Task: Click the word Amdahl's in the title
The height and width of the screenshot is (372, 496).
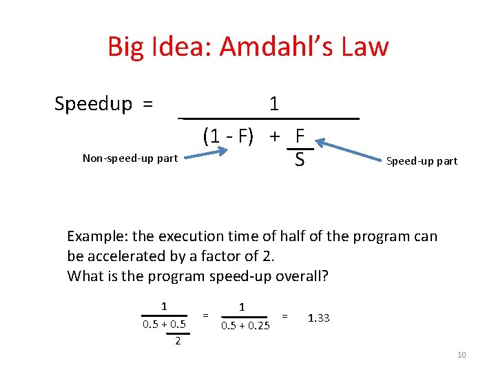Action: [285, 47]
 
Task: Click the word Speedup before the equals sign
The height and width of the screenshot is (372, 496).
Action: [93, 104]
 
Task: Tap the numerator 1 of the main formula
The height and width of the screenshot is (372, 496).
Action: [274, 104]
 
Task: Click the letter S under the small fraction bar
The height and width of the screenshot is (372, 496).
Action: [299, 161]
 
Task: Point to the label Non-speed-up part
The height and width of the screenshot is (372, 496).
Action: [130, 158]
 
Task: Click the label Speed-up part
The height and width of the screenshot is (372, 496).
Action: [422, 161]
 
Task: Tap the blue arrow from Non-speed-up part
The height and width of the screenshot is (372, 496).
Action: [207, 153]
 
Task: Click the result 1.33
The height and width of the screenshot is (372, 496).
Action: [319, 318]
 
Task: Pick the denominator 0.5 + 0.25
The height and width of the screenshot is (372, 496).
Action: [245, 326]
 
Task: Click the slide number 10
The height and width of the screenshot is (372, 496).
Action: [462, 355]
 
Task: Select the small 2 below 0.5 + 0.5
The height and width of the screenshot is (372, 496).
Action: [178, 341]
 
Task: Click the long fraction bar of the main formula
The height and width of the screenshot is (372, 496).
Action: [269, 119]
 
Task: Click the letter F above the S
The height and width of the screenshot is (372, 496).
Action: [300, 136]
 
